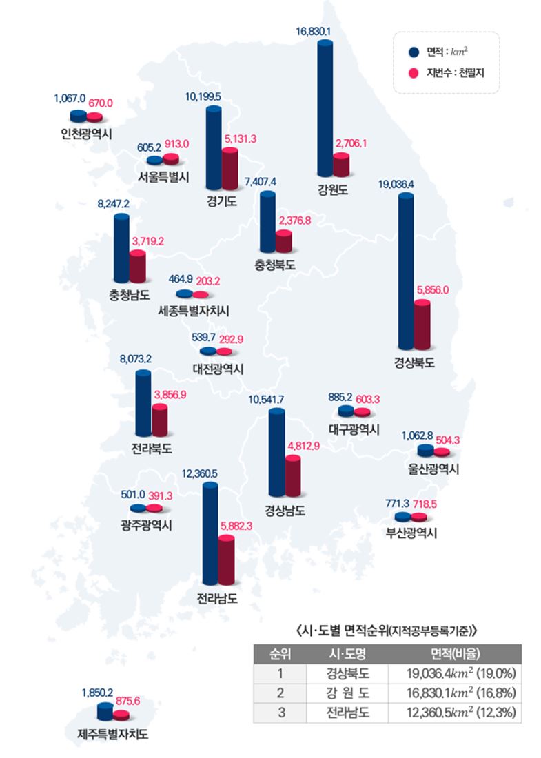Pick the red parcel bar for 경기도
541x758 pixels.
coord(229,168)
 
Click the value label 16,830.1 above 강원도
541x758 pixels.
coord(314,31)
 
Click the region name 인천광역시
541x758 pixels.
coord(85,132)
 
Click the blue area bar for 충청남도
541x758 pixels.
coord(121,248)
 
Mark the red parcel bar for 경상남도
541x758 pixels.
coord(292,476)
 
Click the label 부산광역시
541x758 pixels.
coord(411,533)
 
